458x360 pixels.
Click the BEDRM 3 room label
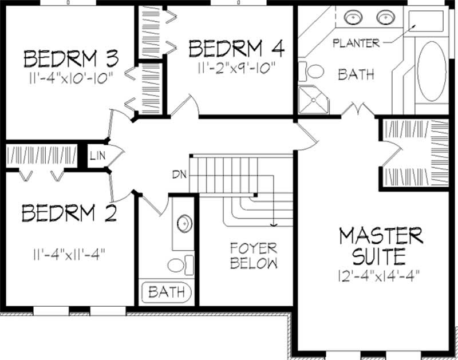[70, 59]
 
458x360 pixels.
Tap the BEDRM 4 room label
[236, 48]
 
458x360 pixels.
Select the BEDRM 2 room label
[69, 213]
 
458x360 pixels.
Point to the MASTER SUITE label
[380, 244]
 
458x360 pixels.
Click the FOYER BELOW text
[254, 256]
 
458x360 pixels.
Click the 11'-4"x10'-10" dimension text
[70, 78]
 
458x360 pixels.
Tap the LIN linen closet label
[96, 155]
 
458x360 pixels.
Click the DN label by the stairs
[177, 174]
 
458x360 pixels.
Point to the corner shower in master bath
[314, 99]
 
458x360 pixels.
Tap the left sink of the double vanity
[353, 18]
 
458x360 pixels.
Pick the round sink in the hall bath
[184, 224]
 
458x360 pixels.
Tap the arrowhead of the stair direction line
[275, 225]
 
